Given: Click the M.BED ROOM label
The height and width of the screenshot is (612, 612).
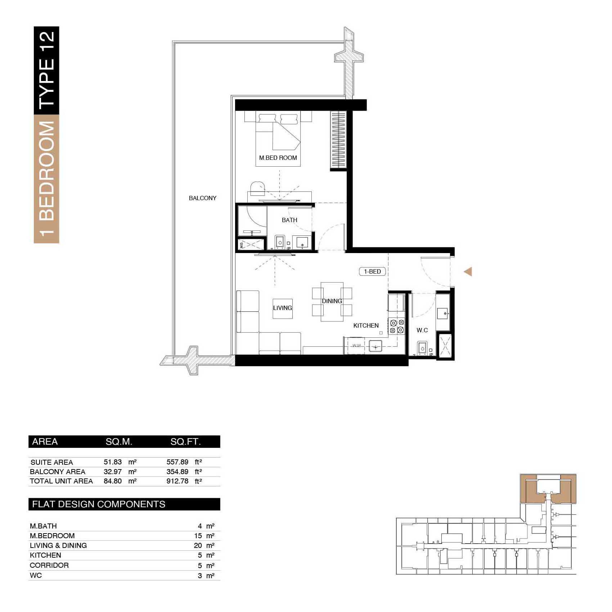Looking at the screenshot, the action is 278,158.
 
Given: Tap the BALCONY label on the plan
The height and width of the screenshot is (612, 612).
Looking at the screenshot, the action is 203,198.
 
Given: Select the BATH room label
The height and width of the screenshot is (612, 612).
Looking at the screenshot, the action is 289,220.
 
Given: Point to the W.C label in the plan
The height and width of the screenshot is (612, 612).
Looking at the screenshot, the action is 422,330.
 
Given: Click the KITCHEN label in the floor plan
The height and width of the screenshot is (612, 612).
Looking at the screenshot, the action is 366,325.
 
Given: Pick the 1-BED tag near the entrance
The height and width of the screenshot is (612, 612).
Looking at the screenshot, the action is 372,271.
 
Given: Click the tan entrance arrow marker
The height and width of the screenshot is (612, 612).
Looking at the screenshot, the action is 468,272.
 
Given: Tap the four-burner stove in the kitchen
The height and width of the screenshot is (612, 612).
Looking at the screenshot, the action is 396,327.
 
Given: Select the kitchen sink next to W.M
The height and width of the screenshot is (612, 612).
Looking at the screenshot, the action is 376,346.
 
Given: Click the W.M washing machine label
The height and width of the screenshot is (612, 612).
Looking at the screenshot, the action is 356,346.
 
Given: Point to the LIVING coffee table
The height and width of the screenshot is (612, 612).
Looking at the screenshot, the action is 283,309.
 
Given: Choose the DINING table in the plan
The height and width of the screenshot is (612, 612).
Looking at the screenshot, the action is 332,302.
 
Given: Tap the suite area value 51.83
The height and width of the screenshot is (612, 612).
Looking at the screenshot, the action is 113,462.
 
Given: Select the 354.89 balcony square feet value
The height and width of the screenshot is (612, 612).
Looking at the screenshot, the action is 177,472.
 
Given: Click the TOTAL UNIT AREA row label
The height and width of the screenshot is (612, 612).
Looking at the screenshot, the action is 61,481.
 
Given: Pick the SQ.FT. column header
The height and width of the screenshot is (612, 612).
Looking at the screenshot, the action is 186,442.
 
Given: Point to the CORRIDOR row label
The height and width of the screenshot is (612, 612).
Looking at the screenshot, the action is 49,565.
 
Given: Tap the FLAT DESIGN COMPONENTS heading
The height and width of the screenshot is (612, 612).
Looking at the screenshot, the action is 99,504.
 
